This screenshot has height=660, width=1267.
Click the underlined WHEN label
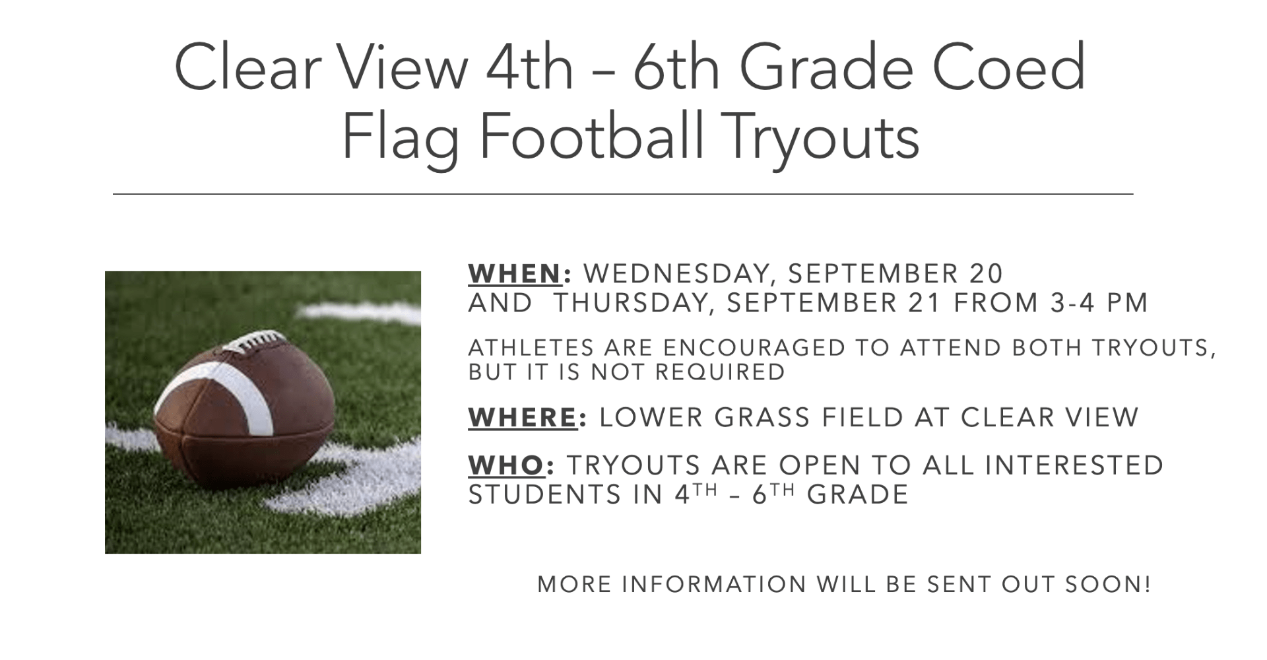(515, 273)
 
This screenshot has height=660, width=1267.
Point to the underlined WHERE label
(523, 417)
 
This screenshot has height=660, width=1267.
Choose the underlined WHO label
(506, 465)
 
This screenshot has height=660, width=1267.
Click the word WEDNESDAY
(676, 274)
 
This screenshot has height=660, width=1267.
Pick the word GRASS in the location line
(762, 417)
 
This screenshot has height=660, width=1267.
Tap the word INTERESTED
(1074, 465)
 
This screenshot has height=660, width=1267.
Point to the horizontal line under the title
(623, 194)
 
